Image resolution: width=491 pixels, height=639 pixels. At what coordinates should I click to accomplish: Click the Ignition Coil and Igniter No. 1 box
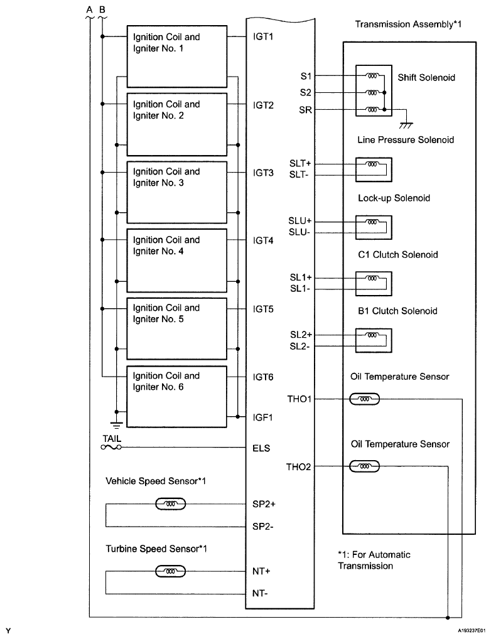[x=177, y=51]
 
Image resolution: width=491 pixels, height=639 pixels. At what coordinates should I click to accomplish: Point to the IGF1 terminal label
[x=264, y=416]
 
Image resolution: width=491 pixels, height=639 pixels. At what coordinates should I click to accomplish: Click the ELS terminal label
[x=262, y=448]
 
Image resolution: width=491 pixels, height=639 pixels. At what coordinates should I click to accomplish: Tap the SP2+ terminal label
[x=264, y=503]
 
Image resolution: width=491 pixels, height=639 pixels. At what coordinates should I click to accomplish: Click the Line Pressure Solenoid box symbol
[x=373, y=169]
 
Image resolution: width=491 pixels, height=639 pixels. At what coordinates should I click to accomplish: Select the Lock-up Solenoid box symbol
[x=373, y=226]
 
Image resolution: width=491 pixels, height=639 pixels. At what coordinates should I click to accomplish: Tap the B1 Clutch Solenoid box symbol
[x=373, y=340]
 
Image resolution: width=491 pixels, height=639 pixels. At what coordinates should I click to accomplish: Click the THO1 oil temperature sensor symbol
[x=364, y=399]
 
